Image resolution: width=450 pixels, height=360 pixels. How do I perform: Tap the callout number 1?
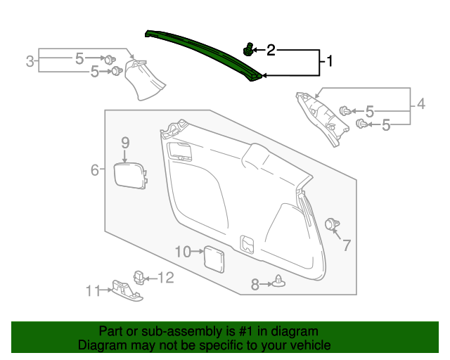click(328, 62)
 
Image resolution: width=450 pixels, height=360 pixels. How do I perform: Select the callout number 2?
click(270, 50)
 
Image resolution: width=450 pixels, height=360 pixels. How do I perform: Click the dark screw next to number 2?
click(248, 49)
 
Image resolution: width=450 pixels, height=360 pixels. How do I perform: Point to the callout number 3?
click(30, 61)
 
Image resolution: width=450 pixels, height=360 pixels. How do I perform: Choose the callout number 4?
click(420, 105)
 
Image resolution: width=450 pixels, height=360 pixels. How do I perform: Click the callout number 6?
click(94, 169)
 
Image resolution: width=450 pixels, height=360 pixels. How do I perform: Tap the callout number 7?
click(345, 245)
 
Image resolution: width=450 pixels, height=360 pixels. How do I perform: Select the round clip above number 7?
click(330, 224)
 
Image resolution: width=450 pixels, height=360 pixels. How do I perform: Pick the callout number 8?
click(255, 284)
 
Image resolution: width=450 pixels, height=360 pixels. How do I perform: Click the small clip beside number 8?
click(281, 283)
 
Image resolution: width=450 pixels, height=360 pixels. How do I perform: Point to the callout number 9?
click(124, 143)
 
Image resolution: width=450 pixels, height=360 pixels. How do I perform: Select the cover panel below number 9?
click(130, 174)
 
